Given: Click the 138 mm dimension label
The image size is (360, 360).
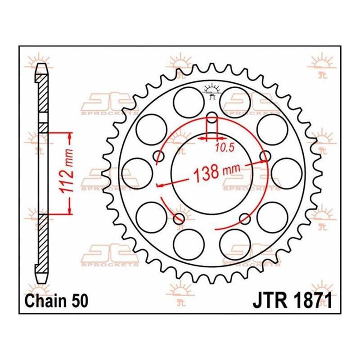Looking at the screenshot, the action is pos(217,172).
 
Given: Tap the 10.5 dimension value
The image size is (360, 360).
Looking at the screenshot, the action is pos(225,148).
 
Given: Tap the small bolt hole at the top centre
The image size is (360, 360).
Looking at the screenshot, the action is pos(212,117).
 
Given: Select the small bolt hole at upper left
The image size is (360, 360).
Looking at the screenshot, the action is pos(159,156).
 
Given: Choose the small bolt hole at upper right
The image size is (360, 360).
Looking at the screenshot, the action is pos(265,156).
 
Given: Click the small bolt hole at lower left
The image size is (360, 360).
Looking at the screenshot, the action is pos(179,219).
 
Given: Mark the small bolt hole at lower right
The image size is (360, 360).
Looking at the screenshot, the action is pos(245,219).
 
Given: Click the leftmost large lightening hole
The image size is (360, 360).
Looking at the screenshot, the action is pos(137,173).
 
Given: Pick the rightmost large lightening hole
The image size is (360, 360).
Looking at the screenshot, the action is pos(287,173).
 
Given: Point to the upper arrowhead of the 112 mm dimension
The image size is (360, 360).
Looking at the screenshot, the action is pos(70,137).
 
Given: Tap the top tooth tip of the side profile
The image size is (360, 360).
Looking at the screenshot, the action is pos(41,64).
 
